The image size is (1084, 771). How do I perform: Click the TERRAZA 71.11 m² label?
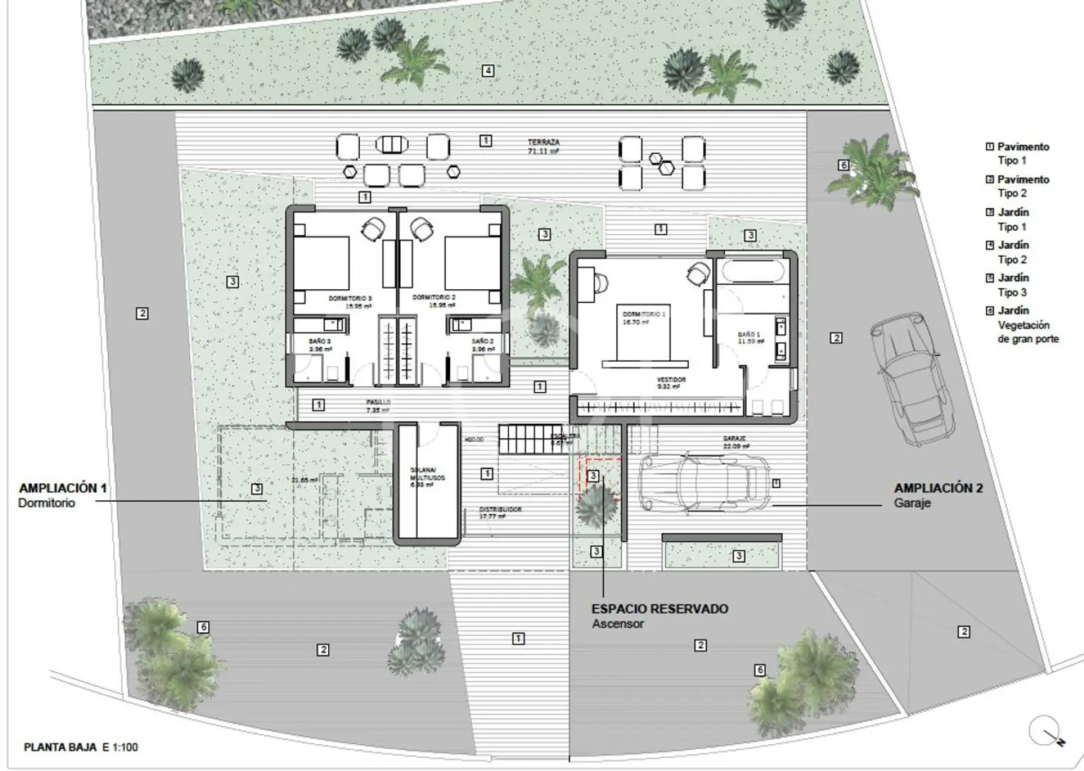[543, 146]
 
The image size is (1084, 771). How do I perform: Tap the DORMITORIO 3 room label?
[349, 302]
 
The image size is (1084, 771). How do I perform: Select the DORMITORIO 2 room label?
[433, 301]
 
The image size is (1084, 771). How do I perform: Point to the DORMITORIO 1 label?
[642, 317]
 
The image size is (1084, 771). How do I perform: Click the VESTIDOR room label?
[670, 382]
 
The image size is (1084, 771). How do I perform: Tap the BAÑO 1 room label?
[749, 338]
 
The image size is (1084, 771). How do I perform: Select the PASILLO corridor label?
[378, 406]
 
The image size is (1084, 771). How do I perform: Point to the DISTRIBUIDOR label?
[500, 512]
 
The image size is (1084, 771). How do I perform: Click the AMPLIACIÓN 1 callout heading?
[63, 487]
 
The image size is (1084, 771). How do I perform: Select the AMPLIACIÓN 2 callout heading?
[938, 487]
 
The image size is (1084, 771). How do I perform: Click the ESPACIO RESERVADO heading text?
[659, 609]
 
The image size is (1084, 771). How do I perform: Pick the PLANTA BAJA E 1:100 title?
[80, 747]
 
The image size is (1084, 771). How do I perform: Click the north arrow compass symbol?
[1045, 731]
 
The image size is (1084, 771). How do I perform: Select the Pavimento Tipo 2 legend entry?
[1017, 186]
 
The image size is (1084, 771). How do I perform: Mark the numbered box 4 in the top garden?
[488, 71]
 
